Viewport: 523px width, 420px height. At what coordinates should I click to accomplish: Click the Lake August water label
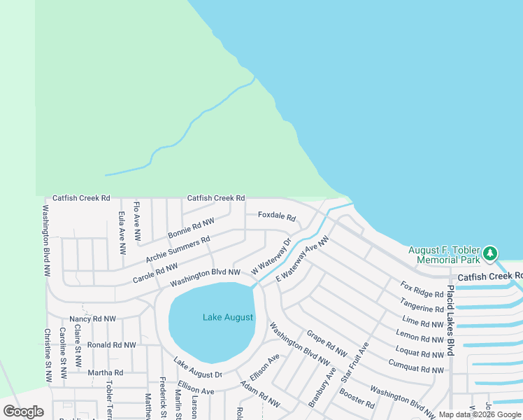[228, 318]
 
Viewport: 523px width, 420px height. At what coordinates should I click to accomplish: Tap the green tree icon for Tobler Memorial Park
[491, 252]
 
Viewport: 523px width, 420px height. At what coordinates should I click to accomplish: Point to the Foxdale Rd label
[277, 215]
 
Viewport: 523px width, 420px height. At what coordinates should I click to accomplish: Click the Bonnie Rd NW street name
[191, 228]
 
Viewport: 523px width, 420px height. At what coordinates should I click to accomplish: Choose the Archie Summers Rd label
[178, 250]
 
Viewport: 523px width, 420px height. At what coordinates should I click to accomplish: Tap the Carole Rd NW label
[155, 273]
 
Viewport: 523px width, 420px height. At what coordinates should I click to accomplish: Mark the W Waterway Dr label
[271, 259]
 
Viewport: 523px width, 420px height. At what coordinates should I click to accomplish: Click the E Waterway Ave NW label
[302, 260]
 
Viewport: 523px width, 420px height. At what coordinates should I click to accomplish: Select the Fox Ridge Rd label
[422, 290]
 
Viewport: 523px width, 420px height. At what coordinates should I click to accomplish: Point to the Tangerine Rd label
[422, 305]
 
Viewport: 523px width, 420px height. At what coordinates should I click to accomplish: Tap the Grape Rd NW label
[327, 344]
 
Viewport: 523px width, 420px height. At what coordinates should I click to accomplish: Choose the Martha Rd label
[105, 372]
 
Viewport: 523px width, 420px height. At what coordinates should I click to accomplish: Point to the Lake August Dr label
[197, 370]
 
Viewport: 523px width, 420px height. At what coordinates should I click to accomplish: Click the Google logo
[24, 412]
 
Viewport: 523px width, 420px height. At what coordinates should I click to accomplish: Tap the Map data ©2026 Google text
[480, 414]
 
